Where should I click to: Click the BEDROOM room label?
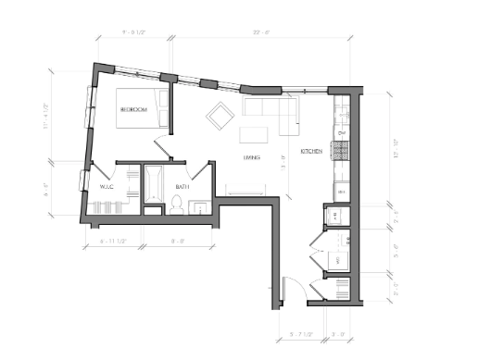132,110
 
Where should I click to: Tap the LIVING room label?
251,158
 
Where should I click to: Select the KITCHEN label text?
310,151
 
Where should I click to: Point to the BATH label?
183,188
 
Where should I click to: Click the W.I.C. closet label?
107,188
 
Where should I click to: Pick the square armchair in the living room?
220,116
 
